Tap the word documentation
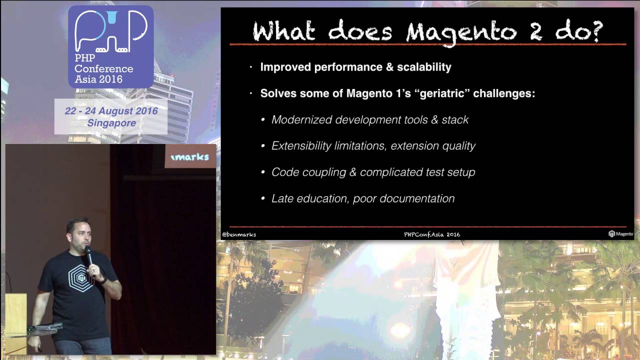coord(417,198)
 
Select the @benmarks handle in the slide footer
coord(239,234)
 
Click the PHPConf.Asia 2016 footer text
coord(432,234)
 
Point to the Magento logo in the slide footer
coord(620,233)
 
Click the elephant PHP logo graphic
coord(111,32)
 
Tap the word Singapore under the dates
coord(111,122)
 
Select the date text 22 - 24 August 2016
coord(111,111)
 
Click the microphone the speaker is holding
coord(88,255)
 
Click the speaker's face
coord(79,235)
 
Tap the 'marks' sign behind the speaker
coord(190,157)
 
